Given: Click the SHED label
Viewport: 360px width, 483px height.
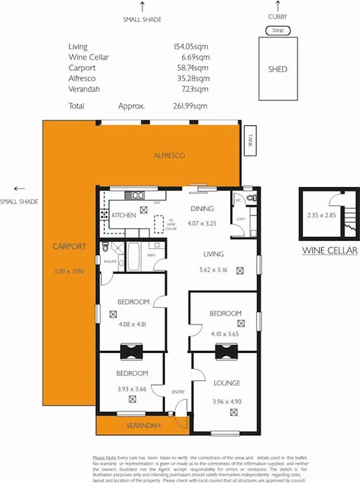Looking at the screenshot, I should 277,69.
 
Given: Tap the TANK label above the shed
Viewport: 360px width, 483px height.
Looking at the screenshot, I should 277,31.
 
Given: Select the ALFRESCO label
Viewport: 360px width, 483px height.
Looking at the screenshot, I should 168,156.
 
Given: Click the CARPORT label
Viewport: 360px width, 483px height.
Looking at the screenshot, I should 68,247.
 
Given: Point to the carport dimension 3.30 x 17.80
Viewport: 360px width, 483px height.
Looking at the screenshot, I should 68,271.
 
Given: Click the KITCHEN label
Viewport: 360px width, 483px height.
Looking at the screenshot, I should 124,216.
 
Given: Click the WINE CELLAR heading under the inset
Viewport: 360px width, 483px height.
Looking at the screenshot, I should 330,251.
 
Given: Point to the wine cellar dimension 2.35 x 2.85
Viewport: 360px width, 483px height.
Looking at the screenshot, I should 320,215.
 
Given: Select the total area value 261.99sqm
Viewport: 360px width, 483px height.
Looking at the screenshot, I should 191,106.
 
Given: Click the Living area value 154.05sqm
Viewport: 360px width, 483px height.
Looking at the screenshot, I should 191,45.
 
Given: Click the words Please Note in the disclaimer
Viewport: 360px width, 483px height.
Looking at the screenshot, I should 106,457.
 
